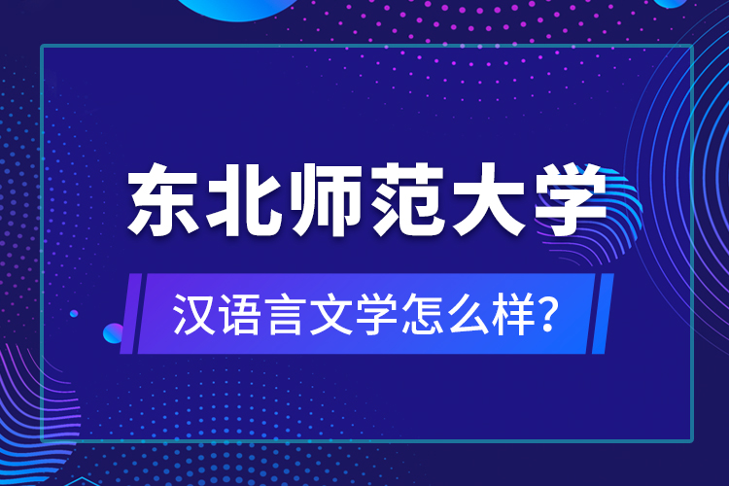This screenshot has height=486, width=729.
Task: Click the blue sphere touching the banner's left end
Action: tap(114, 333)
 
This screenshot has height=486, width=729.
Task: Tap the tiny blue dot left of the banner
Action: tap(74, 313)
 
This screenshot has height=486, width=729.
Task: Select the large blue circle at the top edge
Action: tap(238, 6)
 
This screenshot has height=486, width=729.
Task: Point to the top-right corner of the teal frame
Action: tap(691, 46)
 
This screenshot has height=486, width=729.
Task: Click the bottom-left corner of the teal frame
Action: tap(42, 441)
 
